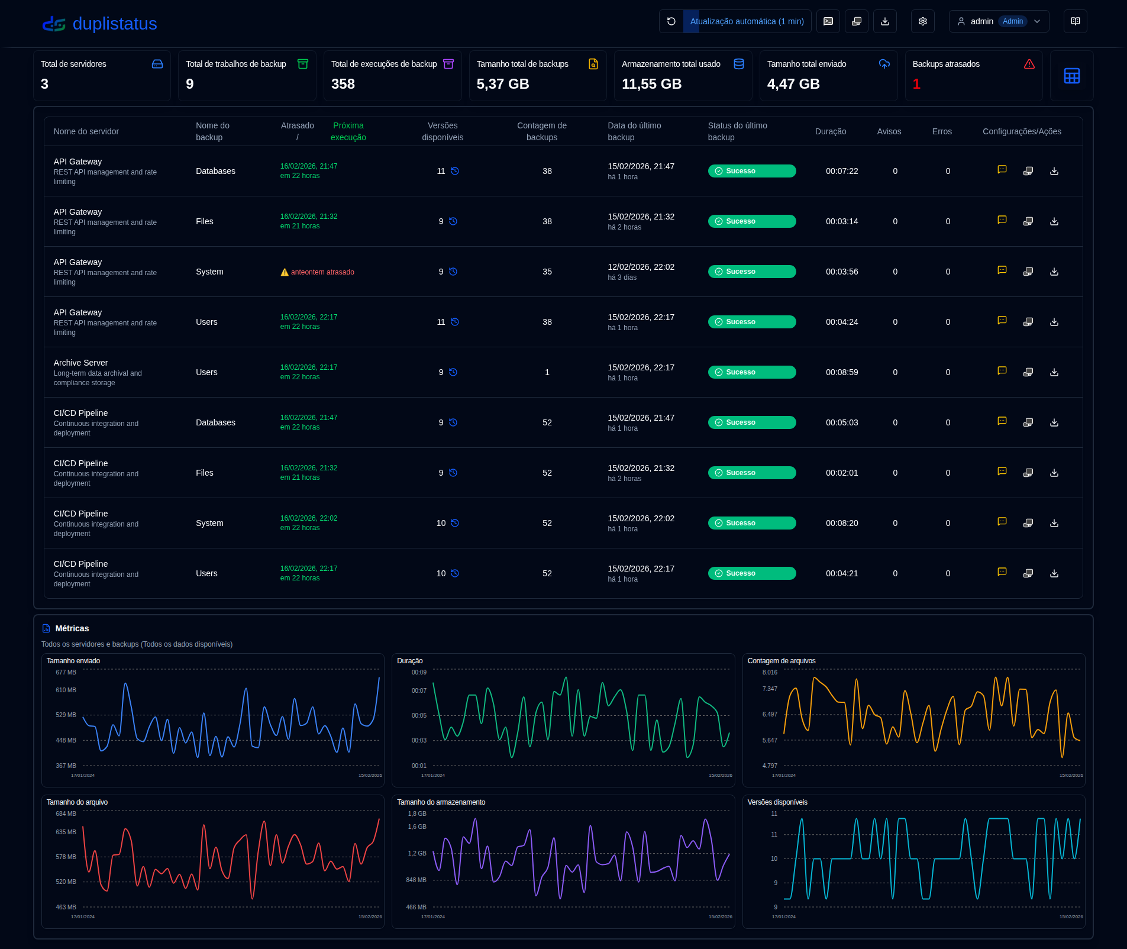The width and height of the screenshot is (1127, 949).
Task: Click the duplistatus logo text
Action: point(114,24)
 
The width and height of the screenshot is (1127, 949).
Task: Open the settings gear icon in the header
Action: point(922,21)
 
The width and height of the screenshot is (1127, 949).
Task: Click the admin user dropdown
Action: point(998,21)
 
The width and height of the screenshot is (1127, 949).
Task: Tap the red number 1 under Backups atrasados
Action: point(916,84)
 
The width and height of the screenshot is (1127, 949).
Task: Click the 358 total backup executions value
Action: point(343,84)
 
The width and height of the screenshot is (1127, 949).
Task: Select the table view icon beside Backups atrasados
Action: point(1071,76)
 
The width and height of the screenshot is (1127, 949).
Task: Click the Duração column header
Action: point(830,131)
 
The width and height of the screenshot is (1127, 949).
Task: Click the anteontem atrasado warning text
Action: point(322,272)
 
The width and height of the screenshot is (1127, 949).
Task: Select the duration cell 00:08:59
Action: point(841,372)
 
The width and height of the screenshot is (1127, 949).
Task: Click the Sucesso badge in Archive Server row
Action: point(751,372)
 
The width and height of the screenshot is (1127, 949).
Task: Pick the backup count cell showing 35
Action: point(547,272)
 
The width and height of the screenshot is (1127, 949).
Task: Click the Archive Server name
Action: point(80,363)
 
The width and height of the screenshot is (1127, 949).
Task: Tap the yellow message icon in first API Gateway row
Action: point(1002,170)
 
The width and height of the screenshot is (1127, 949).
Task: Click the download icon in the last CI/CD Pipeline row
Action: point(1054,573)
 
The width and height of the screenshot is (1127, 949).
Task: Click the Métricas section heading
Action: point(72,628)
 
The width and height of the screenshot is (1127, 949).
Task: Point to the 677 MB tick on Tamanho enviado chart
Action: point(66,672)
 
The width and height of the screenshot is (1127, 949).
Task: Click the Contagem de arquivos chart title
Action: point(781,661)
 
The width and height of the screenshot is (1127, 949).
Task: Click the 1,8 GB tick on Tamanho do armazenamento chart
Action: point(416,814)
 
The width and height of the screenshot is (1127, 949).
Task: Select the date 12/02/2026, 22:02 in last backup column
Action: point(641,267)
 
